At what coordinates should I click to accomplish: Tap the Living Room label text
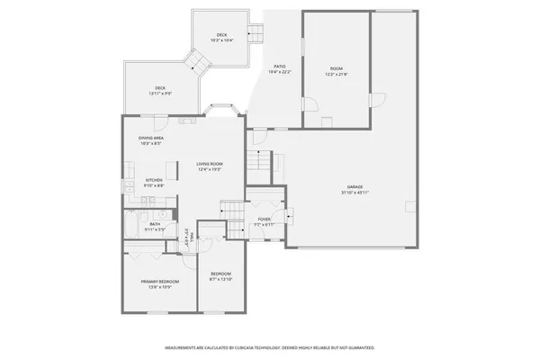(211, 165)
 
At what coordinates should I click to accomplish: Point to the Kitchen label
(155, 180)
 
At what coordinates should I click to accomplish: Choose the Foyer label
(265, 219)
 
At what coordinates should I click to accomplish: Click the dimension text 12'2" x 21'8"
(337, 74)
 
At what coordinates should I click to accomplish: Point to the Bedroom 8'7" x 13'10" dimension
(220, 279)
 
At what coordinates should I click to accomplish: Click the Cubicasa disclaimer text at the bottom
(269, 346)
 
